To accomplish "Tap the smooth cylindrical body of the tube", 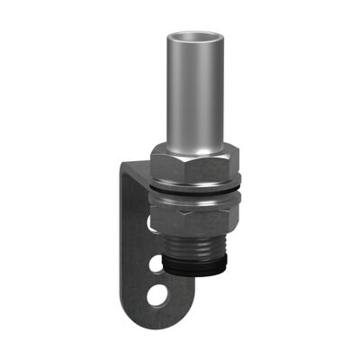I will point(193,99).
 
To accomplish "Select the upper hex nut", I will point(193,163).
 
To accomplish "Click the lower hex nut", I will point(193,217).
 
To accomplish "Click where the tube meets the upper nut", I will point(193,146).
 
